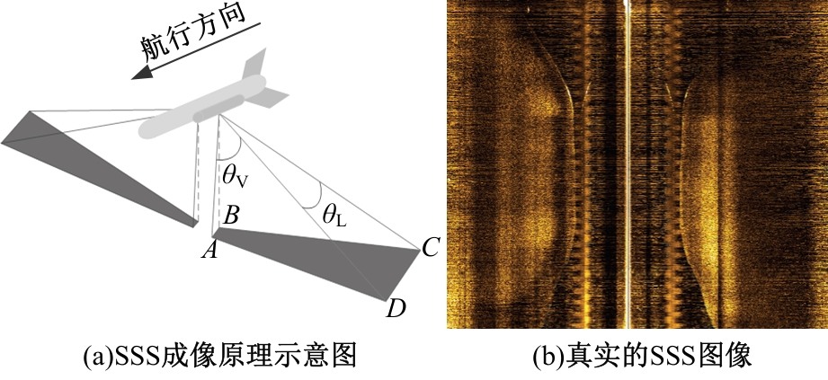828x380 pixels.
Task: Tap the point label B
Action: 231,215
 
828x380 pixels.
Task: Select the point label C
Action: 430,246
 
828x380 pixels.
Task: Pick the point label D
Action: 396,309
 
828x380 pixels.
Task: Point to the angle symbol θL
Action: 334,216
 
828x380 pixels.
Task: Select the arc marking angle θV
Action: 232,144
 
